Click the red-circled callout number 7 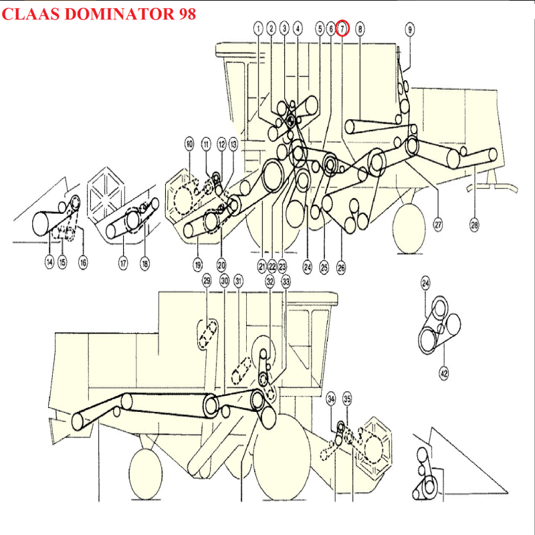[x=342, y=29]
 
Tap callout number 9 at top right [x=410, y=29]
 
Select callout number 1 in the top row [x=258, y=29]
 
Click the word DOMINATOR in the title [x=119, y=14]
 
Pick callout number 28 [x=475, y=225]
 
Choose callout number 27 [x=438, y=225]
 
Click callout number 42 [x=444, y=374]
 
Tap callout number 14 [x=49, y=262]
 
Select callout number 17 [x=123, y=263]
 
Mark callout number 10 [x=189, y=144]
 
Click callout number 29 [x=207, y=281]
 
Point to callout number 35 [x=347, y=399]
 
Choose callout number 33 [x=286, y=282]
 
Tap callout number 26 [x=341, y=268]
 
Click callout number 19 [x=197, y=265]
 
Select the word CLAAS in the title [x=31, y=14]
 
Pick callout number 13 [x=233, y=144]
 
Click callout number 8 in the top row [x=360, y=29]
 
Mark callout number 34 [x=331, y=399]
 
